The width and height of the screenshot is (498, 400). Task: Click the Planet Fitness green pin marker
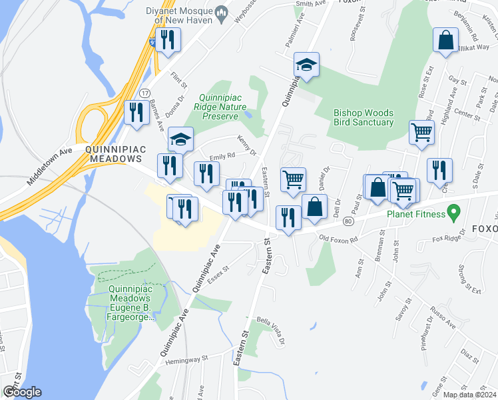coord(455,213)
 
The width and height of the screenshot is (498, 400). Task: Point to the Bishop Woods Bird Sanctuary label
coord(364,118)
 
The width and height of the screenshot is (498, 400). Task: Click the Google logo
coord(22,392)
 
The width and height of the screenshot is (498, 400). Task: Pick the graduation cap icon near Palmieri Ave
coord(306,65)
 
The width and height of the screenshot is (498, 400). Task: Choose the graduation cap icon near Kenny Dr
coord(180,139)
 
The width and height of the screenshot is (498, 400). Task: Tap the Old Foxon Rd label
coord(338,238)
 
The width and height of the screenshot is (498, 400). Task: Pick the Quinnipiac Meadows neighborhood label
coord(113,155)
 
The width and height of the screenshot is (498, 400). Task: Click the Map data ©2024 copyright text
coord(469,395)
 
